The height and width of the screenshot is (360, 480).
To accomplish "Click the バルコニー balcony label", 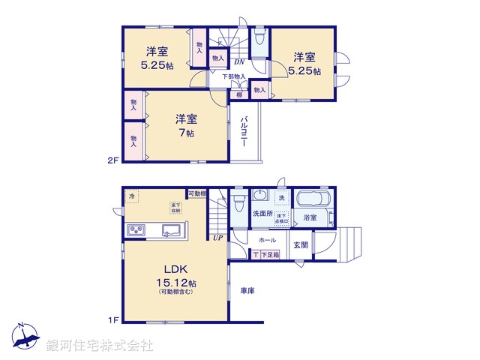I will (x=245, y=132).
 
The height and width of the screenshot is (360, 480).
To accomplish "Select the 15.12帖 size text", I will (x=176, y=283).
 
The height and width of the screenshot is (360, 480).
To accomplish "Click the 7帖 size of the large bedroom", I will (x=187, y=133).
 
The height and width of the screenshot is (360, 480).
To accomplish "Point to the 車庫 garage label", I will (x=247, y=290).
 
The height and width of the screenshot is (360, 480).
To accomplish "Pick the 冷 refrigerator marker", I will (x=133, y=196).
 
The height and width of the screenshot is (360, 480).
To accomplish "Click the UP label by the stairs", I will (x=217, y=238).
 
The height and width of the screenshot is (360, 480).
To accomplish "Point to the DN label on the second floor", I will (x=238, y=62).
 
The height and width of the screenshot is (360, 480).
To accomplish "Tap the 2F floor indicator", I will (x=112, y=160).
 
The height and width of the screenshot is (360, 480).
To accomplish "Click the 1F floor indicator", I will (x=112, y=321).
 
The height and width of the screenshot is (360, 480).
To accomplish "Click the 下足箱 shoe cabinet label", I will (x=267, y=256).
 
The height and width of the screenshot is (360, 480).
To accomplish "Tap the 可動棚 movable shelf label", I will (x=197, y=193).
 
